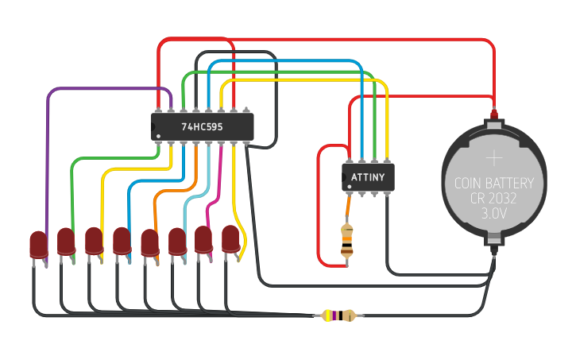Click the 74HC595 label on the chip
click(x=202, y=126)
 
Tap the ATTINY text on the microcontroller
click(x=368, y=177)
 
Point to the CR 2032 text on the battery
click(x=494, y=199)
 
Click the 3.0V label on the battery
click(x=494, y=214)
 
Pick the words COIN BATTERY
click(x=494, y=184)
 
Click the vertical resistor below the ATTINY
click(x=347, y=239)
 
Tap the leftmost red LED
click(x=38, y=244)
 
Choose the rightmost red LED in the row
click(x=230, y=239)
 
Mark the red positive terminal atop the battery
click(x=494, y=114)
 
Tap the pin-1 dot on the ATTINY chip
click(x=348, y=186)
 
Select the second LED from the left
click(x=66, y=242)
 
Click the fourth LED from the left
click(x=122, y=241)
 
